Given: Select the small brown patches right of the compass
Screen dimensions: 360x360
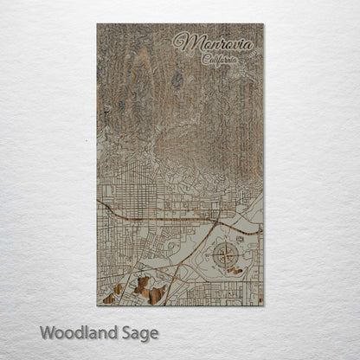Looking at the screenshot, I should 235,270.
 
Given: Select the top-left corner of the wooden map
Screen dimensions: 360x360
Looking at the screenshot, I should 97,24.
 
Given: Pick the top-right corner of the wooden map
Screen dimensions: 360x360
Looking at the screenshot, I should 263,24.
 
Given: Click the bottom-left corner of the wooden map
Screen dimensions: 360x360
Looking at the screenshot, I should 97,305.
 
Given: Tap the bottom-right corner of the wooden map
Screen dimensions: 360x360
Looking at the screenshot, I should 263,305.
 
